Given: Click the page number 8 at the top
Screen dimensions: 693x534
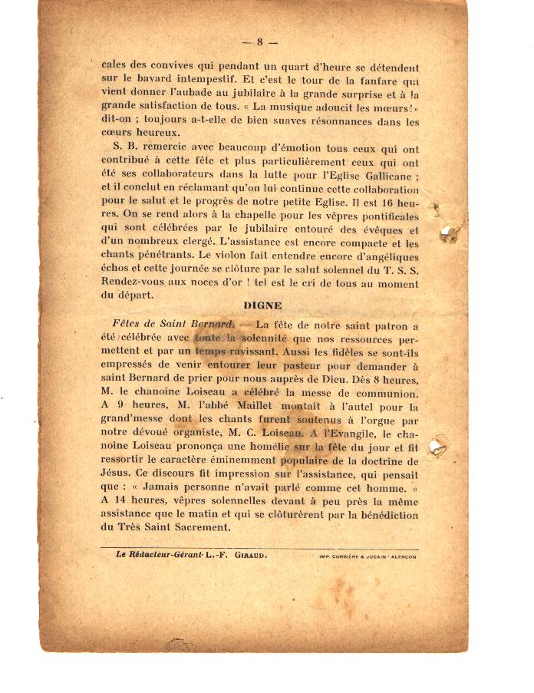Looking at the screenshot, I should pos(260,41).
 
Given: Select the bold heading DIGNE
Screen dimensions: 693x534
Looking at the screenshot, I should pos(262,305).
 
